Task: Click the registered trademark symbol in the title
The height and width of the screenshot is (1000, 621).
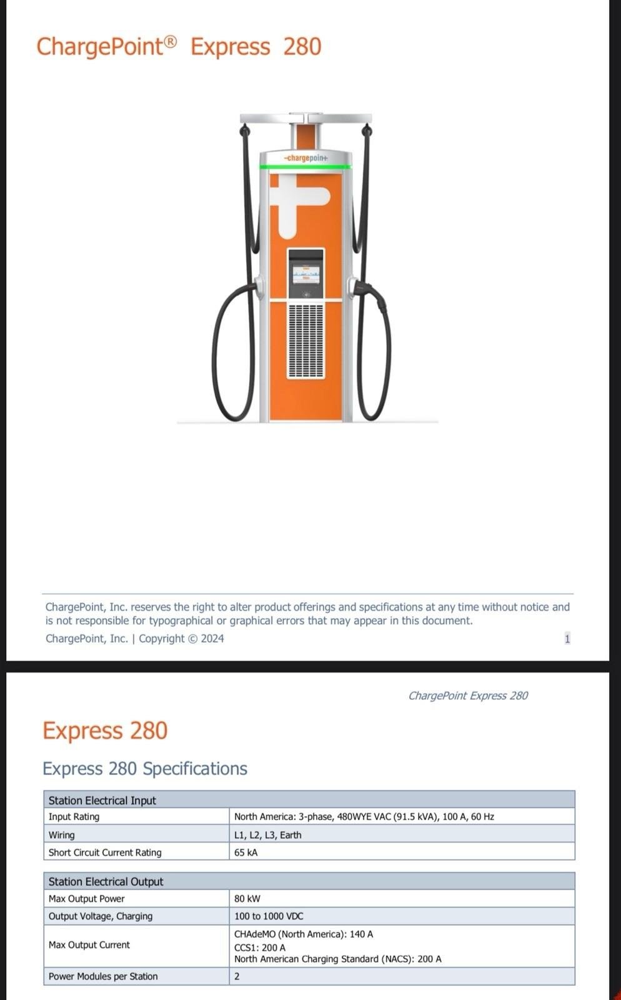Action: point(171,42)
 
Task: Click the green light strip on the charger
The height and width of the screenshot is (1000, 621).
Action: point(306,167)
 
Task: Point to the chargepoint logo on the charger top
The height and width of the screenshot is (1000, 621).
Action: point(306,158)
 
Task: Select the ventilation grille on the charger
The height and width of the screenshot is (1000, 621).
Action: point(306,341)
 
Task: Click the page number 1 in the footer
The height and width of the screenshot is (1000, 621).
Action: point(567,638)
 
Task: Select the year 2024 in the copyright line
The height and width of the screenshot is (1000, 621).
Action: point(212,638)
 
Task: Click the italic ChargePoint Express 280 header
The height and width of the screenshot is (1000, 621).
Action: point(468,696)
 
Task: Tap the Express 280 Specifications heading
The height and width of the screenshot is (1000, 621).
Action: point(145,768)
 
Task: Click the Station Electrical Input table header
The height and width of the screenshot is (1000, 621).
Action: point(102,800)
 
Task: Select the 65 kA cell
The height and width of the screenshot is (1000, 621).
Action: point(246,852)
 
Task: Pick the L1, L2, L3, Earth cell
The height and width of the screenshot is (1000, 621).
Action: point(268,834)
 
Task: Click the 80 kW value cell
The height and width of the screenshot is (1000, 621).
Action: point(247,898)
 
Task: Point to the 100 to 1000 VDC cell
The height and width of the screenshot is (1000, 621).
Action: point(269,916)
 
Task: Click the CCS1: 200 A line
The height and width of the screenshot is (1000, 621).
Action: point(260,947)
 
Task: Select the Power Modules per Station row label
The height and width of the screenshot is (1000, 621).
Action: point(103,976)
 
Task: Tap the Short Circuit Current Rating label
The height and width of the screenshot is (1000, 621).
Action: point(105,852)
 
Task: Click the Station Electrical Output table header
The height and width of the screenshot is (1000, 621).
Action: point(106,881)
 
